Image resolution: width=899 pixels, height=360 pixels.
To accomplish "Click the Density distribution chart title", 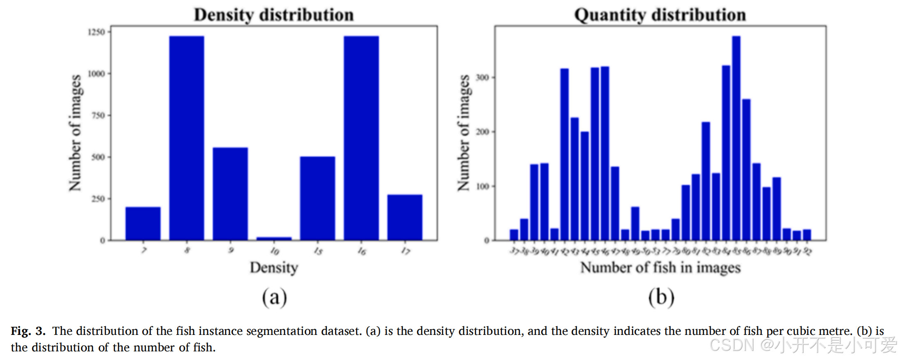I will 273,15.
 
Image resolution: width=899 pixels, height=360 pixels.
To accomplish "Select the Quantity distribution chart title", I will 660,15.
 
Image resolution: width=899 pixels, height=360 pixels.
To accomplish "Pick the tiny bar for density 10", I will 273,238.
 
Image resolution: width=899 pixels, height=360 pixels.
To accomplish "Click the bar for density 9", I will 230,193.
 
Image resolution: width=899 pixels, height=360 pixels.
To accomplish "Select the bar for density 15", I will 317,198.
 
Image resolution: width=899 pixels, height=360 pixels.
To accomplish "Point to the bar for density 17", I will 404,217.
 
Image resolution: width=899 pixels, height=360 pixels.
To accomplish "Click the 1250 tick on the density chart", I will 97,32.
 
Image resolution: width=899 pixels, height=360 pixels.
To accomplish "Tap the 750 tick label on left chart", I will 98,116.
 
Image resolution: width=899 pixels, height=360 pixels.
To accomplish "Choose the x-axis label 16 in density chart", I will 361,251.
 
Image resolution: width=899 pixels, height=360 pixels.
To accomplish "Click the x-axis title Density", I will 273,267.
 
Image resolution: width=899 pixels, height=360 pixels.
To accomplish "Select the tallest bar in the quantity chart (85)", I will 736,138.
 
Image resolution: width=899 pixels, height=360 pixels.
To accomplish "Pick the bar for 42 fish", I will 564,154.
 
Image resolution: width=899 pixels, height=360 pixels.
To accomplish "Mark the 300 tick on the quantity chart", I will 482,77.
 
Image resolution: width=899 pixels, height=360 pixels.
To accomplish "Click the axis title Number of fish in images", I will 660,267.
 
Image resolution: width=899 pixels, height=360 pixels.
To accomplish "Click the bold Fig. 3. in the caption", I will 28,331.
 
